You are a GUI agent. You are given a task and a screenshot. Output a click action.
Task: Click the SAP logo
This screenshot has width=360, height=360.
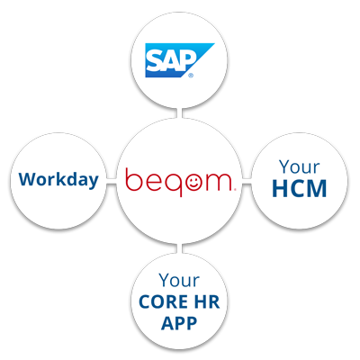tap(179, 60)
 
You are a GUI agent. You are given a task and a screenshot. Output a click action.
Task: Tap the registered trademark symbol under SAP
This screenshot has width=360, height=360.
tap(191, 76)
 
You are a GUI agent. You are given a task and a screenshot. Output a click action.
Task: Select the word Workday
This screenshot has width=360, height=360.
tap(58, 180)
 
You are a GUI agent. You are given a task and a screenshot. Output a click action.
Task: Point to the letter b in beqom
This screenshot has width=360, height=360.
tap(133, 179)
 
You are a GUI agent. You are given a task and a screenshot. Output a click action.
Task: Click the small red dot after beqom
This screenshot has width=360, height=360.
tap(235, 189)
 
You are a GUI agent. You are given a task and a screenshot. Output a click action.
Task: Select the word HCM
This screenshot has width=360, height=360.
tap(299, 188)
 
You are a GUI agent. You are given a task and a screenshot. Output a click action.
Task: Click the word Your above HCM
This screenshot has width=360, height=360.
tap(299, 166)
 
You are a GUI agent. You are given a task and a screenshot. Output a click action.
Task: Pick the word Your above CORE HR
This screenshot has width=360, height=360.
tap(179, 280)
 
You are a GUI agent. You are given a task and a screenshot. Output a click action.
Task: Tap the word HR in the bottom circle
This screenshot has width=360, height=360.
tap(208, 301)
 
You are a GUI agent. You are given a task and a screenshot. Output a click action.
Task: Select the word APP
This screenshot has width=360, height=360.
tap(179, 323)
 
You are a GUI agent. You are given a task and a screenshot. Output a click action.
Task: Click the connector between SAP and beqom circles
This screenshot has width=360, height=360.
tap(179, 113)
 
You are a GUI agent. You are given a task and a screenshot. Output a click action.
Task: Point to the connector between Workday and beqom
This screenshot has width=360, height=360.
tap(112, 182)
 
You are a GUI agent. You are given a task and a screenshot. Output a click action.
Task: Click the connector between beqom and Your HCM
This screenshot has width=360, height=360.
tap(247, 182)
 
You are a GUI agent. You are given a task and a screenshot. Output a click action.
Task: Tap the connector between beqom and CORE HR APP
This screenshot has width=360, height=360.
tap(179, 248)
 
